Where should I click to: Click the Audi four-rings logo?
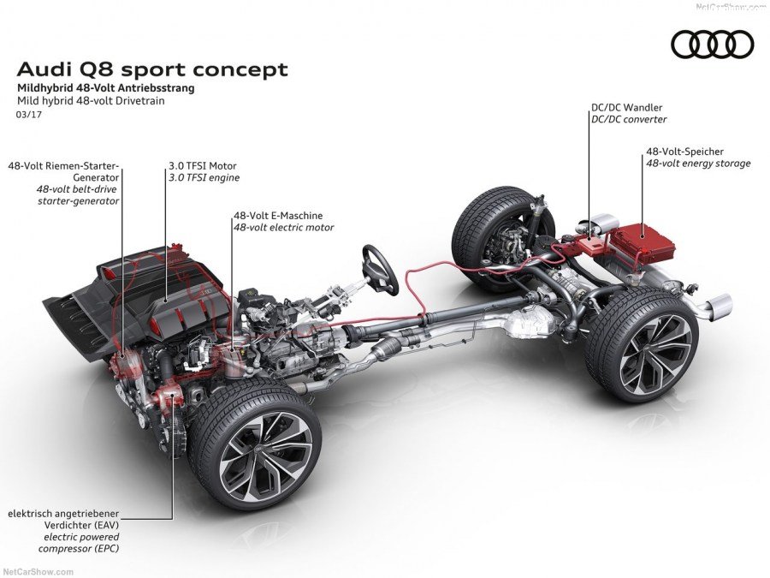click(712, 44)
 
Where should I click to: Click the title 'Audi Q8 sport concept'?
click(152, 69)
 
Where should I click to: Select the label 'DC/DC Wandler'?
click(626, 108)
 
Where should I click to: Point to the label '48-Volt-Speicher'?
click(684, 152)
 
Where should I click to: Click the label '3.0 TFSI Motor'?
click(202, 165)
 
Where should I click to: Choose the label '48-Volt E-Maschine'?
click(278, 216)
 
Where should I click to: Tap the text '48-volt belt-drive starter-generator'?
click(77, 194)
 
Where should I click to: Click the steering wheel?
click(380, 269)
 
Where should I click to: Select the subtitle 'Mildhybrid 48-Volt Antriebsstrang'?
click(105, 88)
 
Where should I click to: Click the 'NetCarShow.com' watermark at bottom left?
click(38, 571)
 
